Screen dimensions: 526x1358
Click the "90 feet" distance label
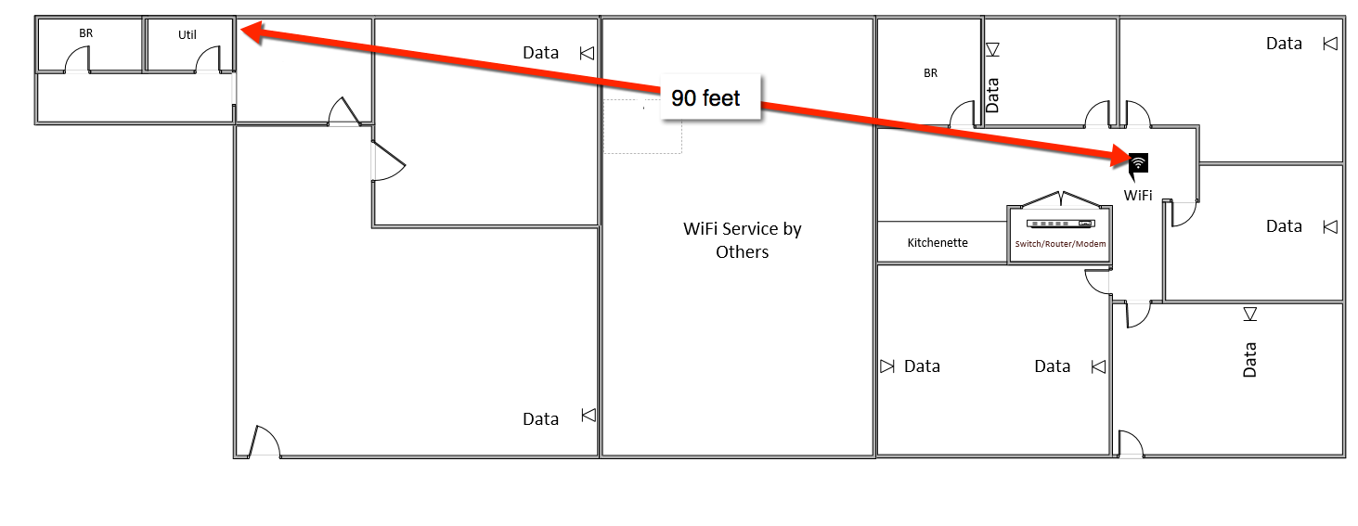(x=706, y=98)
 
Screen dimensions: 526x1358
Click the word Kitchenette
(x=938, y=243)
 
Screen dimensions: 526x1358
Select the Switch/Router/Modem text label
(x=1060, y=244)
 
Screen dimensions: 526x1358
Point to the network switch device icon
(x=1060, y=225)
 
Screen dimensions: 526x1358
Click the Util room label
(x=188, y=35)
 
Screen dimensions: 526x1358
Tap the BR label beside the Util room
(x=85, y=33)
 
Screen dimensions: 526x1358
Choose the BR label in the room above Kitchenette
(x=930, y=72)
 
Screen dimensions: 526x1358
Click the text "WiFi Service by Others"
(x=742, y=239)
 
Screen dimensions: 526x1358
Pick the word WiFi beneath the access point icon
(x=1138, y=196)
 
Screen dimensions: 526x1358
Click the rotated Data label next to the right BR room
(x=992, y=95)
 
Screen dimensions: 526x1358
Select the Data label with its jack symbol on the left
(x=922, y=366)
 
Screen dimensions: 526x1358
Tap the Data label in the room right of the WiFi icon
(x=1284, y=226)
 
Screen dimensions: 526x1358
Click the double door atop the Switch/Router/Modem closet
(x=1060, y=199)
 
